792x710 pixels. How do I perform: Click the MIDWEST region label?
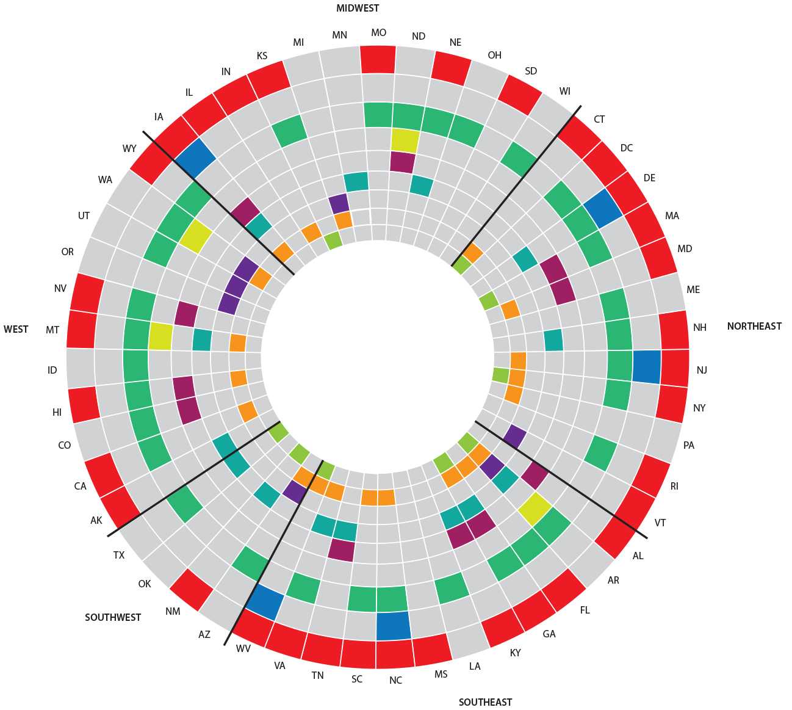click(x=358, y=9)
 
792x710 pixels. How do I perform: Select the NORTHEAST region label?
click(x=754, y=326)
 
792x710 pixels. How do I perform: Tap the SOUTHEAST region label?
click(x=485, y=702)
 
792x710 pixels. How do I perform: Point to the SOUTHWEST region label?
click(x=113, y=617)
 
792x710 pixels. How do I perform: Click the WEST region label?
click(x=16, y=329)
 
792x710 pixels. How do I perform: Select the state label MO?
click(x=378, y=33)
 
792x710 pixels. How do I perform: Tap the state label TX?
click(x=119, y=555)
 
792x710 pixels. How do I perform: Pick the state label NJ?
click(x=702, y=370)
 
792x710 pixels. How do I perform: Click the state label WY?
click(x=129, y=148)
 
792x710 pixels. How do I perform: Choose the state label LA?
click(x=475, y=665)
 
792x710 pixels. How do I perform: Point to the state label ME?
click(x=693, y=289)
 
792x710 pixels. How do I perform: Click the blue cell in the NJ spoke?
click(x=647, y=367)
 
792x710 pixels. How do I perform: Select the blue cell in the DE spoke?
click(x=603, y=208)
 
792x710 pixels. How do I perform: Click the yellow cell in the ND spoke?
click(x=405, y=140)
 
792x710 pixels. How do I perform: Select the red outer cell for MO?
click(x=378, y=59)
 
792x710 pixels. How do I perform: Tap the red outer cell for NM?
click(x=192, y=589)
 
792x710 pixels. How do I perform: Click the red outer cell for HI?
click(x=84, y=404)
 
